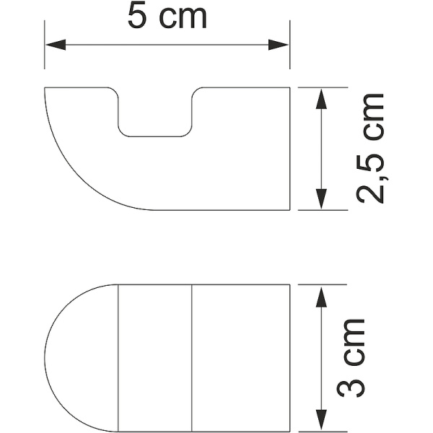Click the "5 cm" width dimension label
coord(167,17)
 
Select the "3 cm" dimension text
coord(351,357)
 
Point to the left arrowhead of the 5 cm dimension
coord(51,45)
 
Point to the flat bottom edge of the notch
coord(155,136)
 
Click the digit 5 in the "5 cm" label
coord(139,17)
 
